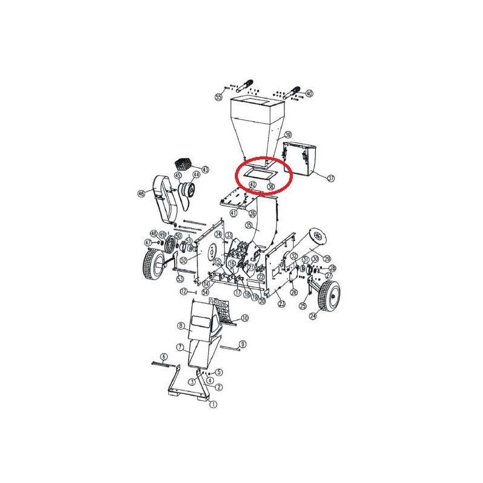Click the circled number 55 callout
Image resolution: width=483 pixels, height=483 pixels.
(219, 97)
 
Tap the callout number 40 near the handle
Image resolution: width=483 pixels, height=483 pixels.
(309, 94)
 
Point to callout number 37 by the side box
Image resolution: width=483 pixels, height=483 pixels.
(330, 179)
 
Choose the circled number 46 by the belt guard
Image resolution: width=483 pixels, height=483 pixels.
(141, 194)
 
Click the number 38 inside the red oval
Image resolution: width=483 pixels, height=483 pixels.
(270, 187)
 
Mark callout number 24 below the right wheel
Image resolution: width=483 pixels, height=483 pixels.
(313, 315)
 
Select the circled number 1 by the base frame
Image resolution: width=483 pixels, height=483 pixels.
(213, 406)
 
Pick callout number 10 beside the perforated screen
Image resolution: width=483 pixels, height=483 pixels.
(245, 318)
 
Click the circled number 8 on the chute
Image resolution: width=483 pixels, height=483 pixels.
(181, 326)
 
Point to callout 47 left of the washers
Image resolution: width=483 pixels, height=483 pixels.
(148, 242)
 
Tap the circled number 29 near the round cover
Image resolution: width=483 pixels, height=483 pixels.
(327, 259)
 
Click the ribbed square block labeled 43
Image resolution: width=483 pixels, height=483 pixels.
(183, 164)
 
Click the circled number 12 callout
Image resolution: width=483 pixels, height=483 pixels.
(184, 292)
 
